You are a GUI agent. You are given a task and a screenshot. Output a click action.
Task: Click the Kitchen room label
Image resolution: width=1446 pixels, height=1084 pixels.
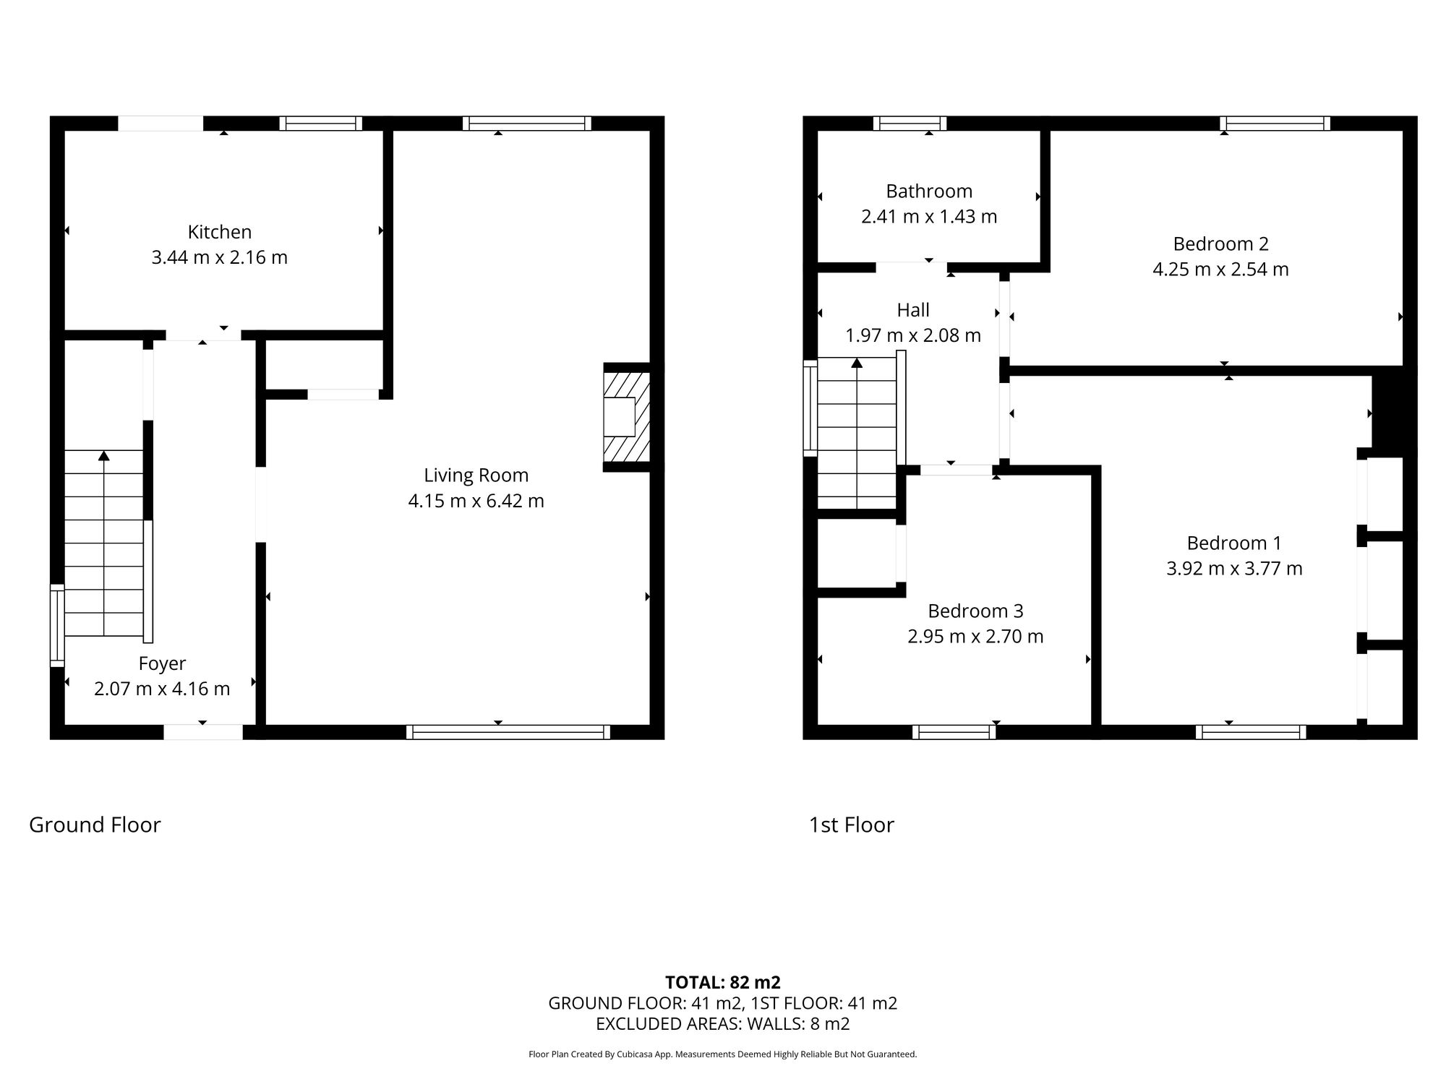tap(220, 232)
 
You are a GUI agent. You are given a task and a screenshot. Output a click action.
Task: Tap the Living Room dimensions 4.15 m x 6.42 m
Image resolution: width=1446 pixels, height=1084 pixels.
tap(476, 501)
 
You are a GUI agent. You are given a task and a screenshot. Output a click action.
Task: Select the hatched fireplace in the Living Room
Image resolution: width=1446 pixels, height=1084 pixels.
tap(626, 417)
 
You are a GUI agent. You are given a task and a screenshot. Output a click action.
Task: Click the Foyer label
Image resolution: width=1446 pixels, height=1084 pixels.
tap(162, 663)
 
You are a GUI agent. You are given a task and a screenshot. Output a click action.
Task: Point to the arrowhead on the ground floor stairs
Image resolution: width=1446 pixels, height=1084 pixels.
tap(104, 455)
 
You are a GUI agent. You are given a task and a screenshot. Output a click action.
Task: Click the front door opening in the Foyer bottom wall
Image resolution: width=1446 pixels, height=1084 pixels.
tap(203, 732)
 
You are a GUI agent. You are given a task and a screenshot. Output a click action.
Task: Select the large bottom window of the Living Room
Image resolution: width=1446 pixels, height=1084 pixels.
tap(508, 732)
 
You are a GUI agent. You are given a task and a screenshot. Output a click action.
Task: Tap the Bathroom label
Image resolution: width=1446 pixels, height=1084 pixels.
tap(929, 192)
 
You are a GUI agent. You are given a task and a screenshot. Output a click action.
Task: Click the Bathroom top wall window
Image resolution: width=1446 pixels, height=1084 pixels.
tap(910, 123)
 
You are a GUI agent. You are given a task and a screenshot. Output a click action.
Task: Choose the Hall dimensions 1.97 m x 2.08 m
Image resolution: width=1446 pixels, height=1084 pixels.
tap(913, 336)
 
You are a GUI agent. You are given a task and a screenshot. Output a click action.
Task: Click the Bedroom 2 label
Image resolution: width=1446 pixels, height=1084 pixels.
tap(1220, 244)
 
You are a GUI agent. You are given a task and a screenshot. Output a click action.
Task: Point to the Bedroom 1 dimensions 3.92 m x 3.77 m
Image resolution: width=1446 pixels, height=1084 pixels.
tap(1234, 569)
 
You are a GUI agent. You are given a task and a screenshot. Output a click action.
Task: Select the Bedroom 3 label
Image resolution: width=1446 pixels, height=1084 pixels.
tap(975, 611)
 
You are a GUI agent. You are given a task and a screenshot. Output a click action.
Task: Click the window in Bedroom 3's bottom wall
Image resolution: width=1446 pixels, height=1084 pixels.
tap(954, 732)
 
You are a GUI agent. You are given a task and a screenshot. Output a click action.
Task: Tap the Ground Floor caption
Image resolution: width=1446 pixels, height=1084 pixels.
tap(95, 825)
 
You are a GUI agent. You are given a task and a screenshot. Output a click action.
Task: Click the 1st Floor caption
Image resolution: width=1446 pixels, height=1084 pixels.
tap(851, 825)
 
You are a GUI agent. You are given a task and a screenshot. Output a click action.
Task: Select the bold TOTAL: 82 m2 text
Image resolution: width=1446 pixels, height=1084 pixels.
tap(722, 983)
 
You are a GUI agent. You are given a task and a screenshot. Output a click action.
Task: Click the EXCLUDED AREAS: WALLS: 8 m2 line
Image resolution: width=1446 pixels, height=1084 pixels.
tap(722, 1024)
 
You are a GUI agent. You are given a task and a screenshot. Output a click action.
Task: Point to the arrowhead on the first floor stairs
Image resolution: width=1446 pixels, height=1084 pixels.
tap(857, 363)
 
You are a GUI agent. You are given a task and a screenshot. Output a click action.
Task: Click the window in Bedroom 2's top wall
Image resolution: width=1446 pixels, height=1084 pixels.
tap(1275, 123)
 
